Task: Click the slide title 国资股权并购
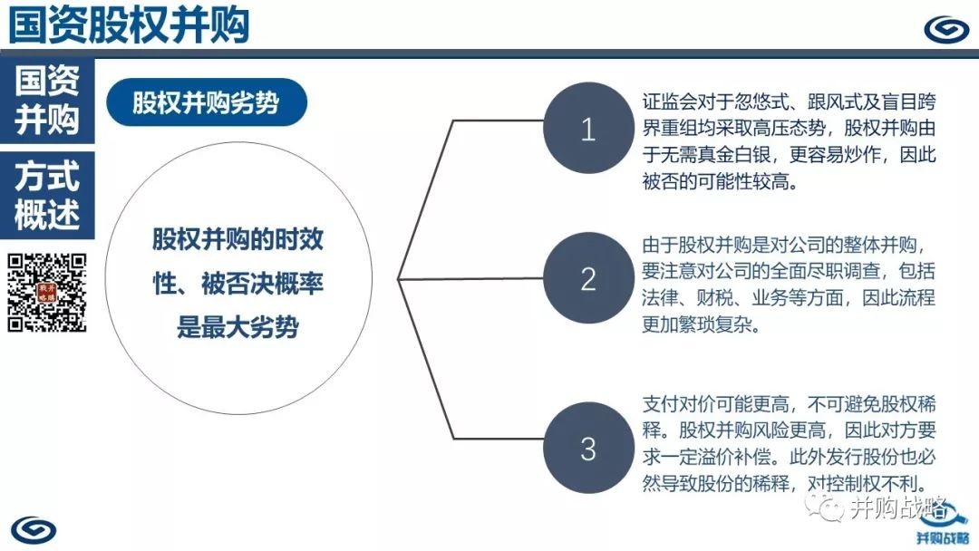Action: (129, 24)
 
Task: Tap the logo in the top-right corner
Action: (946, 29)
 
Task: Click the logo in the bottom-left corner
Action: (34, 530)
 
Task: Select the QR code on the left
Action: (47, 292)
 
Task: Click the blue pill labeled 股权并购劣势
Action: (207, 102)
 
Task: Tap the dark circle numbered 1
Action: (588, 129)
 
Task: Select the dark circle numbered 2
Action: (588, 278)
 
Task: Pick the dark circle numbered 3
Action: (588, 448)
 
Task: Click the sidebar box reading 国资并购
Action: (47, 100)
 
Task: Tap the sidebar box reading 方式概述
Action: (47, 196)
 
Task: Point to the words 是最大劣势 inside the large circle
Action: (237, 326)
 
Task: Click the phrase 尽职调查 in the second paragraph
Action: (844, 271)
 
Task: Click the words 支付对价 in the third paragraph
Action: (679, 403)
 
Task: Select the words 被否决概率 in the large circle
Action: (262, 284)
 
